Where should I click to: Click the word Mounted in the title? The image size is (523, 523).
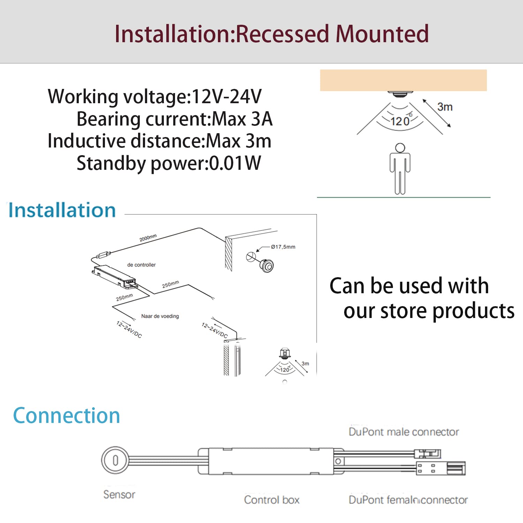(382, 34)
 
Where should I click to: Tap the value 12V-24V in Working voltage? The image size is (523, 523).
(226, 97)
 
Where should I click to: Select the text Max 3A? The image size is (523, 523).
(242, 119)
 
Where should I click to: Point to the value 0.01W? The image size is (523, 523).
(235, 163)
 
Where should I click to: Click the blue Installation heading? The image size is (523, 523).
(62, 210)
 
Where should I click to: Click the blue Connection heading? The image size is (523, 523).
(66, 416)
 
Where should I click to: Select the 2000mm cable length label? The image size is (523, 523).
(148, 238)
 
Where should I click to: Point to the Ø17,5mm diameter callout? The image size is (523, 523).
(283, 247)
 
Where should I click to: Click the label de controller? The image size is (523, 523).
(141, 265)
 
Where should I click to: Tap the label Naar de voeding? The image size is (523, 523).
(160, 316)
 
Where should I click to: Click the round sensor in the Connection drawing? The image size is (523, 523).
(115, 460)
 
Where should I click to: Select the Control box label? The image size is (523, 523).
(272, 500)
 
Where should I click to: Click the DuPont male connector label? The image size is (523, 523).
(404, 432)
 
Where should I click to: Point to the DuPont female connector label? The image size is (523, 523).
(408, 500)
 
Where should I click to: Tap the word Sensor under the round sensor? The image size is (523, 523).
(119, 494)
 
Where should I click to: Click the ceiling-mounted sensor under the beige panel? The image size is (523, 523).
(400, 94)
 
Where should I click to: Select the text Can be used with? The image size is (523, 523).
(409, 286)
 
